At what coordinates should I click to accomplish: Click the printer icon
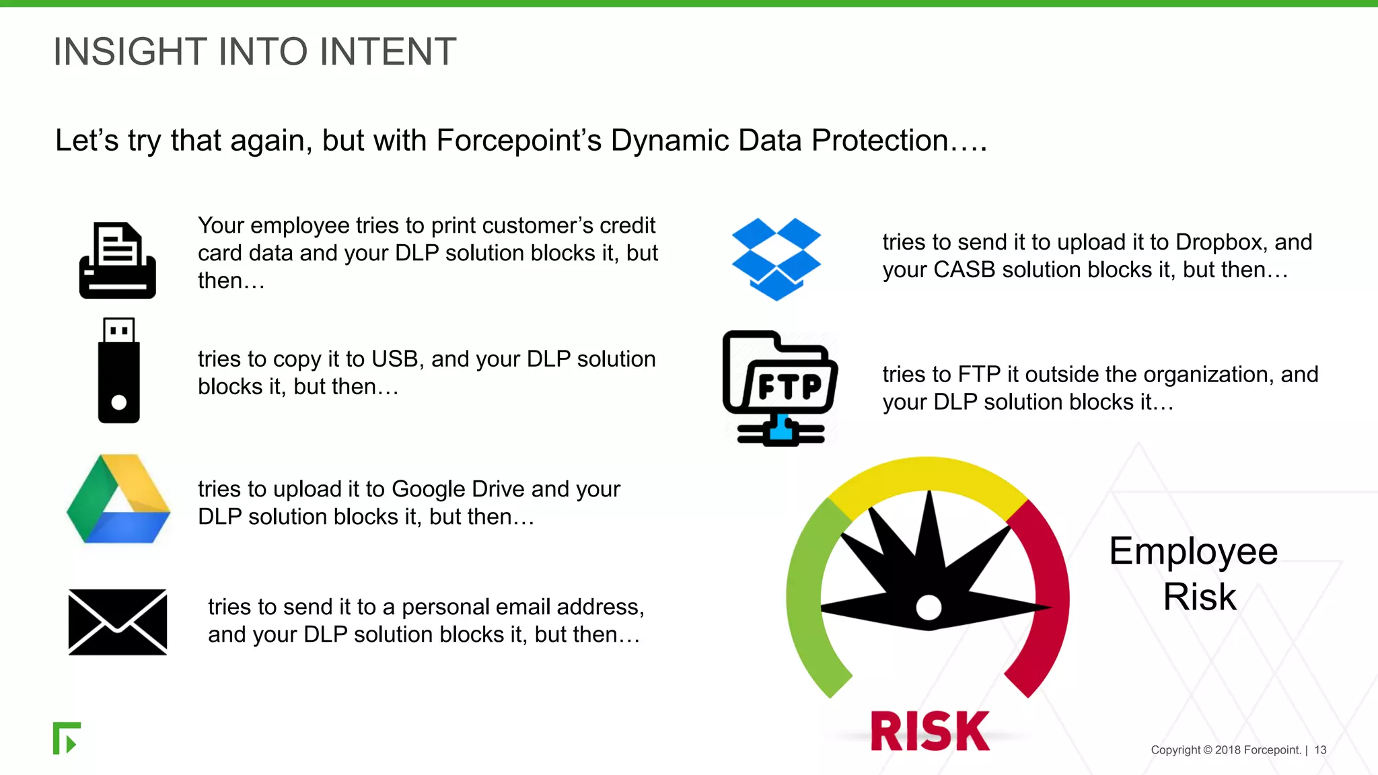[x=118, y=260]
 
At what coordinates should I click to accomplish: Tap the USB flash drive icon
[x=119, y=371]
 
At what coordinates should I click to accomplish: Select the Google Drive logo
[x=118, y=499]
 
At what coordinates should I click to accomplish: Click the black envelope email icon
[x=118, y=622]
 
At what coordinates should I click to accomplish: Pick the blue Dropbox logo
[x=776, y=259]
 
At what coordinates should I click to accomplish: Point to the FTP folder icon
[x=781, y=388]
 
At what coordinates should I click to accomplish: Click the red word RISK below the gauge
[x=930, y=731]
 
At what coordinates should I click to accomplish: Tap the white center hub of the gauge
[x=929, y=607]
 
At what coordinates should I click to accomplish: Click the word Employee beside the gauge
[x=1193, y=552]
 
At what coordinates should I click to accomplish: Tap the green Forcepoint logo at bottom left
[x=67, y=738]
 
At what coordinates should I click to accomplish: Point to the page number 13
[x=1320, y=750]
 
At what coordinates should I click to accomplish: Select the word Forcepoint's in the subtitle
[x=518, y=141]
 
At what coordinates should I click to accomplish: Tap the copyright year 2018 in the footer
[x=1227, y=750]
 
